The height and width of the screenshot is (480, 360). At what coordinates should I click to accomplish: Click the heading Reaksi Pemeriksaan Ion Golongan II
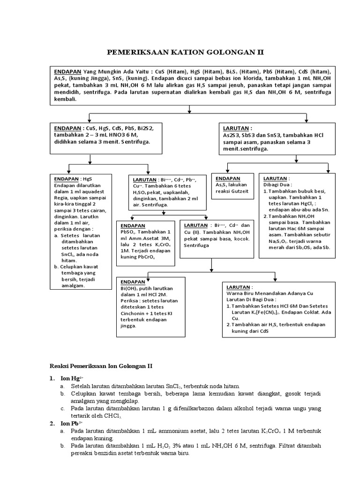tap(105, 365)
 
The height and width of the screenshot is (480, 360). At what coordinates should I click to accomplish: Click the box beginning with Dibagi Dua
tap(297, 216)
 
